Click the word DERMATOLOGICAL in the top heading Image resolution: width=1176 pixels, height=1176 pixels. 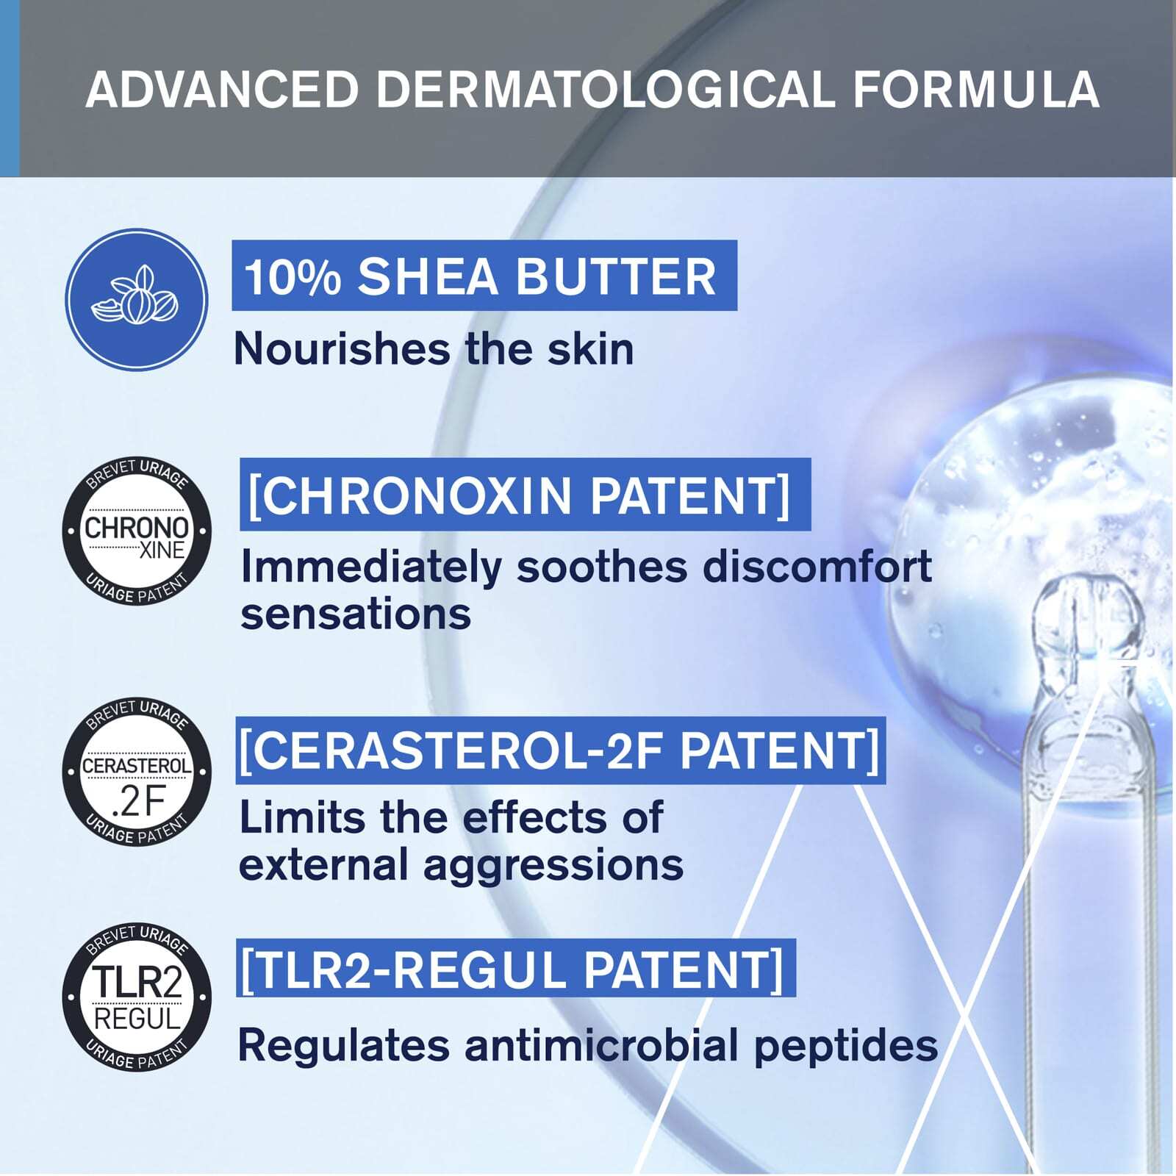[606, 90]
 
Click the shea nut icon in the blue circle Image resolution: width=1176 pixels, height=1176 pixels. [136, 298]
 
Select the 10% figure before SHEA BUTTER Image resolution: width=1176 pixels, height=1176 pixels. [292, 277]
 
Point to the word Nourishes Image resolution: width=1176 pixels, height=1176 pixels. [342, 348]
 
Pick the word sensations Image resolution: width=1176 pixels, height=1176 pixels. [356, 615]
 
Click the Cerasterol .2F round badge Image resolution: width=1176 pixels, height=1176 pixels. [137, 772]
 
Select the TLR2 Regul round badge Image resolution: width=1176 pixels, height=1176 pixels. [137, 997]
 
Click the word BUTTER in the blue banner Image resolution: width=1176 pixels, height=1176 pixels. [614, 277]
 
